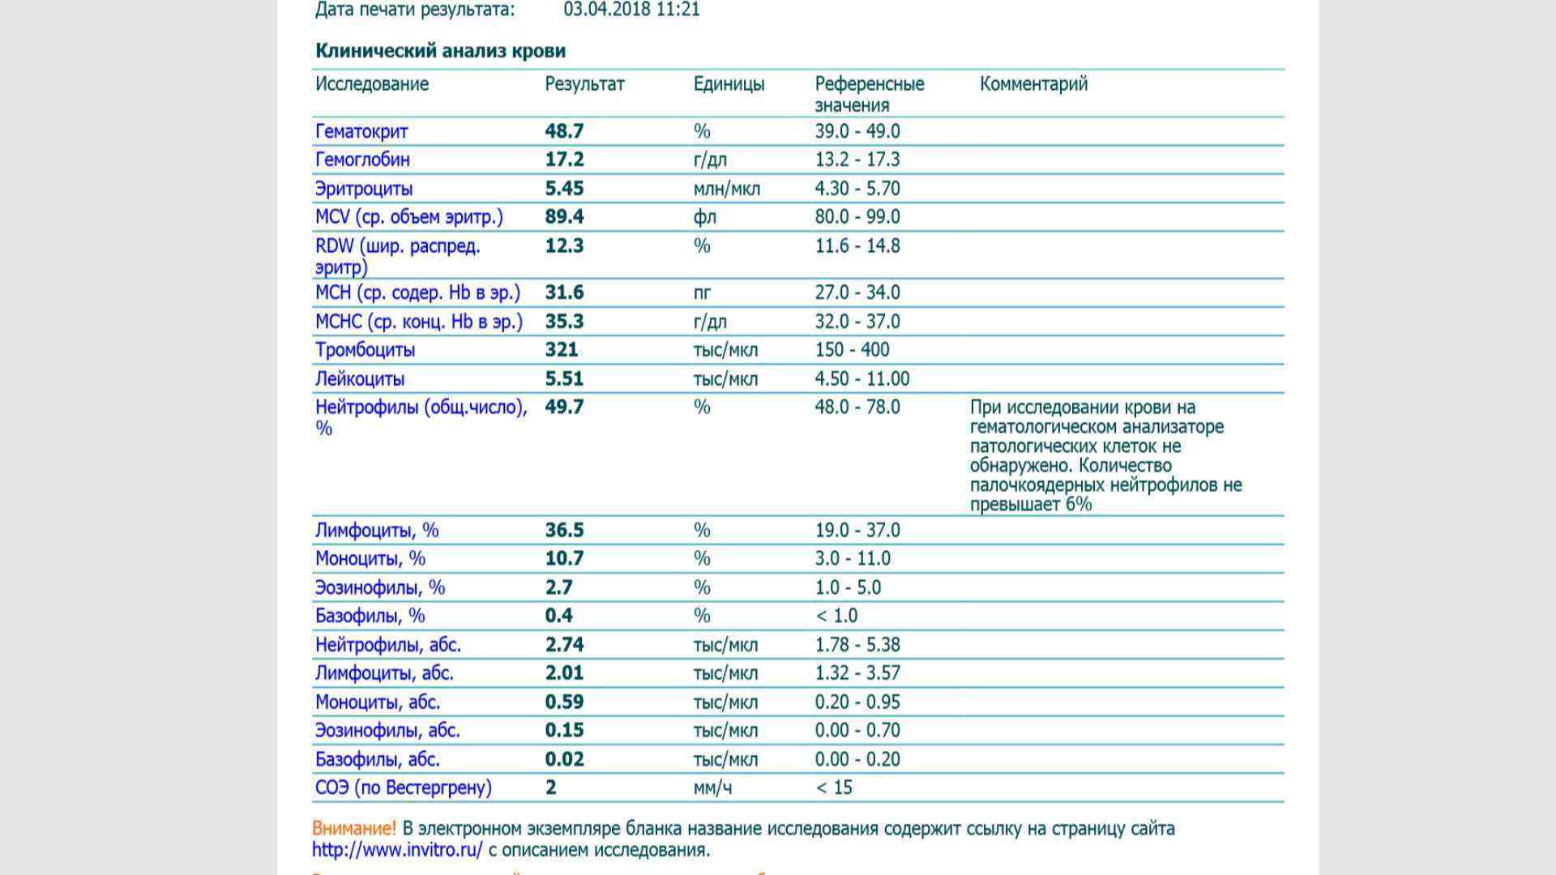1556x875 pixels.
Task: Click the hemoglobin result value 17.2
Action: pyautogui.click(x=564, y=160)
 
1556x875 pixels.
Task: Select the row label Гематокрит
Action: pyautogui.click(x=361, y=131)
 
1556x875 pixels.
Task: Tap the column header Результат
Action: pyautogui.click(x=584, y=84)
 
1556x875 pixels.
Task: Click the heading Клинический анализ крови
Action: pyautogui.click(x=440, y=51)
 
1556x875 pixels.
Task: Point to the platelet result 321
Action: pyautogui.click(x=562, y=350)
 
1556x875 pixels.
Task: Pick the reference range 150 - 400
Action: pyautogui.click(x=852, y=350)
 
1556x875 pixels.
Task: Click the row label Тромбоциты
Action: pyautogui.click(x=365, y=350)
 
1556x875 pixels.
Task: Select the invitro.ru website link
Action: pyautogui.click(x=397, y=850)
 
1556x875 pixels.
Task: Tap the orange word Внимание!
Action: pyautogui.click(x=354, y=829)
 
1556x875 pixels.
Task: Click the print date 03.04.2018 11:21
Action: pyautogui.click(x=631, y=10)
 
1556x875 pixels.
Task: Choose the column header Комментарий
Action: pyautogui.click(x=1033, y=84)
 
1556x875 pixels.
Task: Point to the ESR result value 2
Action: pyautogui.click(x=551, y=787)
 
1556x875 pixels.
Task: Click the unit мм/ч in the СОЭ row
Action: pyautogui.click(x=712, y=787)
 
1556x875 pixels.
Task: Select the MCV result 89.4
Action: pyautogui.click(x=564, y=217)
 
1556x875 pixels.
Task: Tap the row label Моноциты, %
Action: pyautogui.click(x=370, y=558)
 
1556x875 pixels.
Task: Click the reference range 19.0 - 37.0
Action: pyautogui.click(x=857, y=530)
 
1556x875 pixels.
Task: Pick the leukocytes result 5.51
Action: pyautogui.click(x=564, y=378)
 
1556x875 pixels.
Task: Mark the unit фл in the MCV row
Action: pyautogui.click(x=704, y=217)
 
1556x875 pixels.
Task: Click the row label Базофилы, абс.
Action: pyautogui.click(x=378, y=759)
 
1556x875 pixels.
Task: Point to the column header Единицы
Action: pyautogui.click(x=729, y=84)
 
